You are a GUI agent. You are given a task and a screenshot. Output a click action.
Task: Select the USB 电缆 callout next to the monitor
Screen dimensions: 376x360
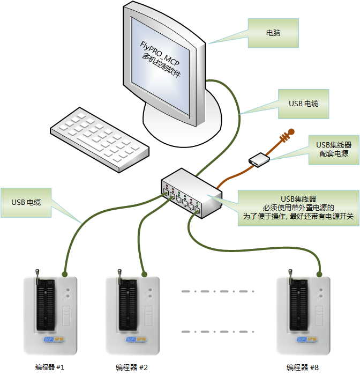click(303, 103)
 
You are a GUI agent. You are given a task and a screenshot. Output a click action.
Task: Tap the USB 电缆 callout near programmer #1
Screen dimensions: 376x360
click(26, 203)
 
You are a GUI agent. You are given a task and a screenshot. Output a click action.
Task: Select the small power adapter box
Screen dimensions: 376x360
click(258, 160)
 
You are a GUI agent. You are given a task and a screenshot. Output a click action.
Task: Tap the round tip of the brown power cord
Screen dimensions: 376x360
click(291, 130)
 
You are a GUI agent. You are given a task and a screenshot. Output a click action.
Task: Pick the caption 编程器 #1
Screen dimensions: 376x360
click(49, 367)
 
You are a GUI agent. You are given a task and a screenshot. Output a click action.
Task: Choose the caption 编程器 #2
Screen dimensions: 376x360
click(131, 367)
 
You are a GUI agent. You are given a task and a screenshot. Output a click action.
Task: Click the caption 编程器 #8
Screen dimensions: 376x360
click(303, 367)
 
